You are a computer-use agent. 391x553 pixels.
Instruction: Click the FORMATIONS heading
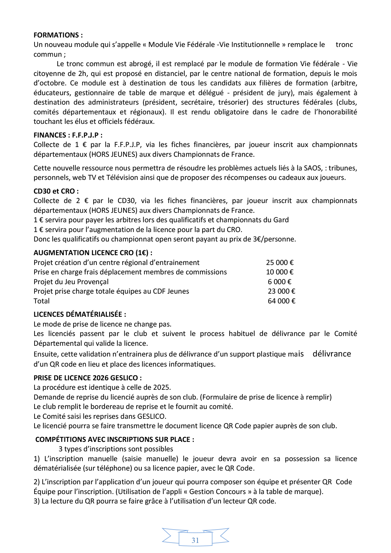click(x=58, y=35)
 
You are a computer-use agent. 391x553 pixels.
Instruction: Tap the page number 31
click(x=195, y=540)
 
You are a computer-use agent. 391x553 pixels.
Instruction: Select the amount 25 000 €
click(x=280, y=263)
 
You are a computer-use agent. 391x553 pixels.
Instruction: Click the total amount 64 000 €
click(x=282, y=301)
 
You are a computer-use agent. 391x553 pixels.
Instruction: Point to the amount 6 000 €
click(x=280, y=282)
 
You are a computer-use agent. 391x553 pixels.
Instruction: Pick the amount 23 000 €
click(x=282, y=291)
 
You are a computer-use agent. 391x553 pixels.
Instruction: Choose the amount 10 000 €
click(x=280, y=272)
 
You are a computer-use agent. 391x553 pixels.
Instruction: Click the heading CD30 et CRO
click(x=56, y=191)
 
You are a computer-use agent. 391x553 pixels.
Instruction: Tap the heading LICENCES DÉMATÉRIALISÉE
click(x=80, y=314)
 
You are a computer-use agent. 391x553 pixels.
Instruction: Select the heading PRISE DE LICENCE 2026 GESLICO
click(x=87, y=378)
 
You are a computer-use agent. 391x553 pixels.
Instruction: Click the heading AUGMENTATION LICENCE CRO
click(x=93, y=253)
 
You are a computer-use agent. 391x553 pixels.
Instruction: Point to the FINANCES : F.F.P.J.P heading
click(x=68, y=135)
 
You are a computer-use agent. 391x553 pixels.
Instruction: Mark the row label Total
click(x=42, y=301)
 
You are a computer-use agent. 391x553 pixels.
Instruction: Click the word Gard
click(x=281, y=220)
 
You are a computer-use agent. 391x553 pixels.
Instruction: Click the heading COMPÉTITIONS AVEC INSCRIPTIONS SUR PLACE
click(x=115, y=440)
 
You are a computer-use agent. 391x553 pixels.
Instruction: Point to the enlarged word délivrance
click(x=332, y=354)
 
